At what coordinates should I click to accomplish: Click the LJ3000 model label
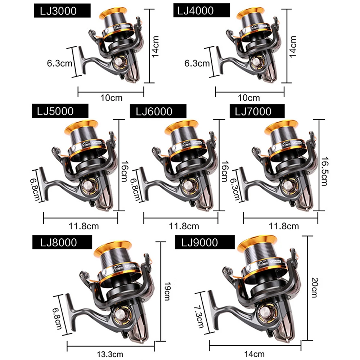tap(62, 11)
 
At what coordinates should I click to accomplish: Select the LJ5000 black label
tap(60, 111)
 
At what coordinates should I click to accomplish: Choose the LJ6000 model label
tap(158, 111)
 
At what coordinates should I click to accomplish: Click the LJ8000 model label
tap(60, 242)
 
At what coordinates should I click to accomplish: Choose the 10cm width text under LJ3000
tap(111, 97)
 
